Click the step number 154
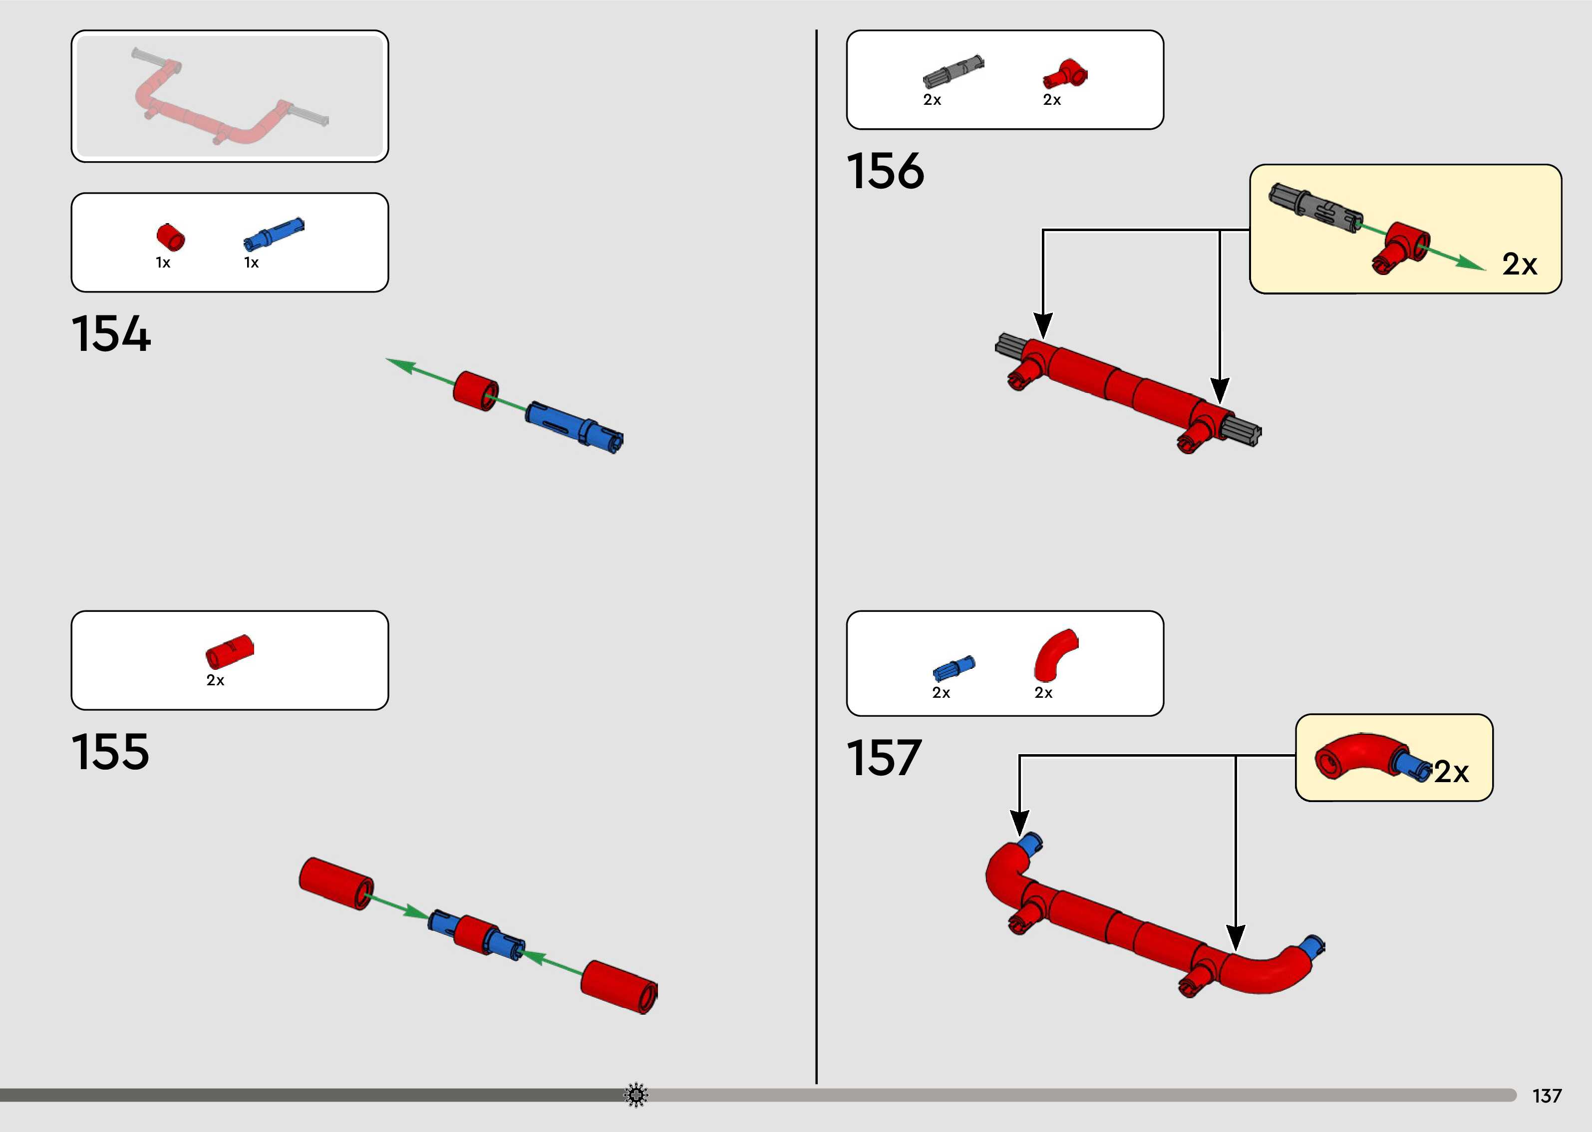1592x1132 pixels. [111, 334]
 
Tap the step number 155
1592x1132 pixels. [110, 752]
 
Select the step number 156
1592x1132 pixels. [885, 172]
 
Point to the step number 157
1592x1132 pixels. [884, 758]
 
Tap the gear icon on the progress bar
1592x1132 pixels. [636, 1095]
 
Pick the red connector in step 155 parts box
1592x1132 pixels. [229, 652]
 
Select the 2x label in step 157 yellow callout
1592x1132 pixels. [1451, 772]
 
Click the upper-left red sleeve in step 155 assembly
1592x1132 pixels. [336, 883]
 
